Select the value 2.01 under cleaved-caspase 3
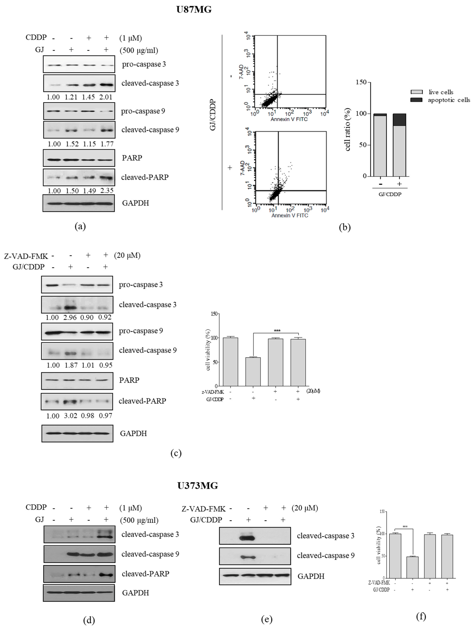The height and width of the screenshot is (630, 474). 105,97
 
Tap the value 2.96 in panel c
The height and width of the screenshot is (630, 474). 70,317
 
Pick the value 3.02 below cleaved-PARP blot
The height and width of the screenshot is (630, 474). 70,416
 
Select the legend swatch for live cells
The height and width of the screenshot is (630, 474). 416,92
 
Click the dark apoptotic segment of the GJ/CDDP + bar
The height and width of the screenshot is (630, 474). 399,120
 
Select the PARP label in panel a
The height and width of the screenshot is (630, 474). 132,158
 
